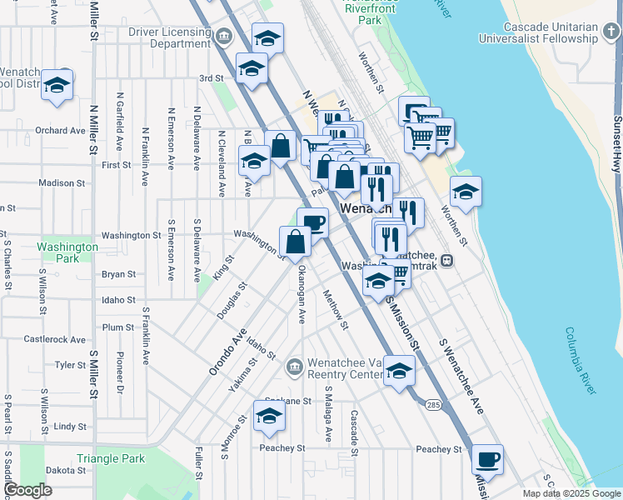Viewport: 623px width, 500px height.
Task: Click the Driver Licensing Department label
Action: (x=169, y=37)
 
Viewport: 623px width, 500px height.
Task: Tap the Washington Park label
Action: (x=67, y=252)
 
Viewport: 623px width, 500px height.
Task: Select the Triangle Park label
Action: (x=111, y=458)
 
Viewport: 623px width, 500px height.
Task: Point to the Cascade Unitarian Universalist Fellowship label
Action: (x=539, y=32)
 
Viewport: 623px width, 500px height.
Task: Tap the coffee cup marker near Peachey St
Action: (x=487, y=459)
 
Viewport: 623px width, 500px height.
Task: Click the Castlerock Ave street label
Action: (x=55, y=339)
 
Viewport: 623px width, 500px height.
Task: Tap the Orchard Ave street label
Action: (x=61, y=130)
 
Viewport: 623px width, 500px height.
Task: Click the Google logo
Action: (x=28, y=490)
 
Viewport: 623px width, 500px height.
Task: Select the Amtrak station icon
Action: (x=447, y=260)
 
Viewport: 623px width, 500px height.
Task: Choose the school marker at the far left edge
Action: (x=57, y=86)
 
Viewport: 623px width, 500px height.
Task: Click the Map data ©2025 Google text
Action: (x=571, y=493)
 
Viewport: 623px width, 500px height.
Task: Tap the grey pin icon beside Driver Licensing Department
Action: (x=223, y=37)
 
